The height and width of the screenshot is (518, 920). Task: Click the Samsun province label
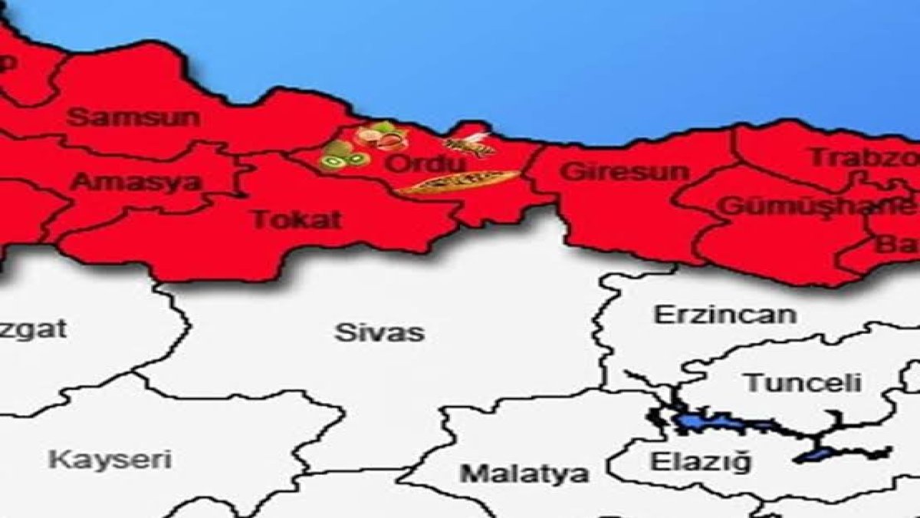pos(133,117)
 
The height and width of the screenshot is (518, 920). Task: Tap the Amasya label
pos(136,182)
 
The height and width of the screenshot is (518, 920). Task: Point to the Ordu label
pos(425,164)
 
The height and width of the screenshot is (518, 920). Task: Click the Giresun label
pos(625,171)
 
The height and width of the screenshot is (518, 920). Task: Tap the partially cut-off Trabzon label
pos(863,157)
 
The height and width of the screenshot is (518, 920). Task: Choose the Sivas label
pos(379,332)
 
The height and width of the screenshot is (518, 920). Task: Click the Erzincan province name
pos(724,314)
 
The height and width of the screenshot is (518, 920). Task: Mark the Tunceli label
pos(803,382)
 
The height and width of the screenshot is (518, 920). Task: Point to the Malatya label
pos(525,472)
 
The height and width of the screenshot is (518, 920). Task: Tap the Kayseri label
pos(110,460)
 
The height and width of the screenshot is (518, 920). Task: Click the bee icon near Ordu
pos(468,144)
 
